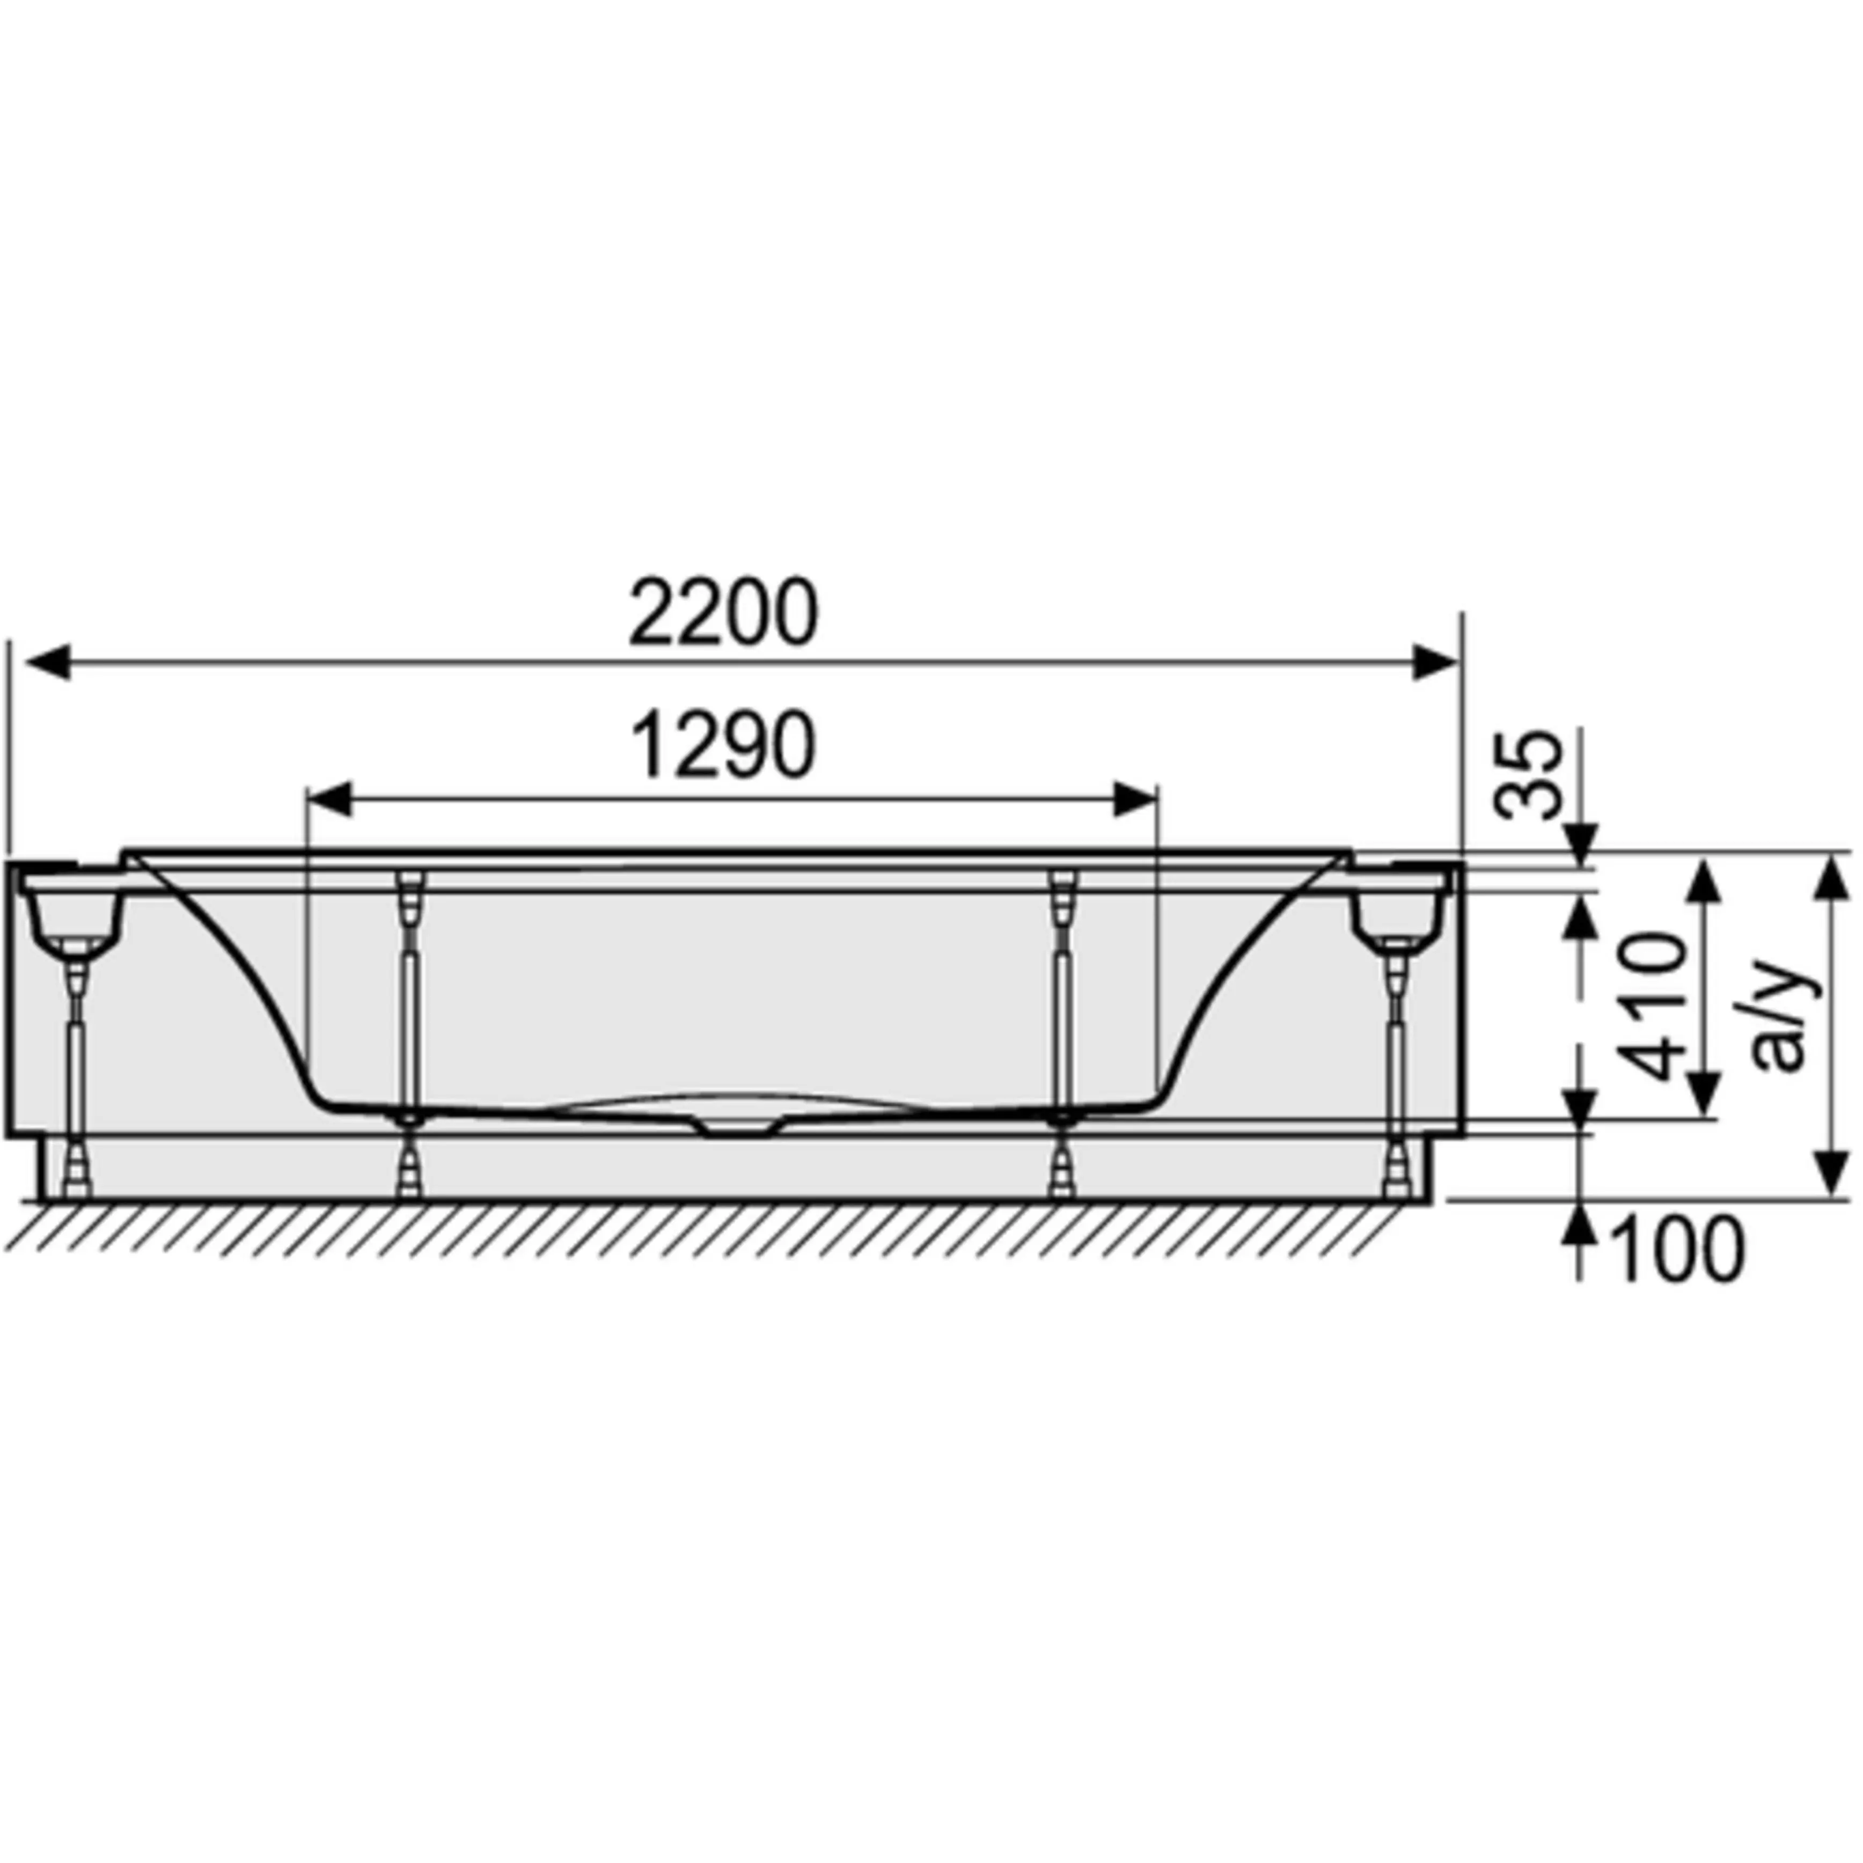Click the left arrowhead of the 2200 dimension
(46, 663)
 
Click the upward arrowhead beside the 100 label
(1581, 1224)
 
